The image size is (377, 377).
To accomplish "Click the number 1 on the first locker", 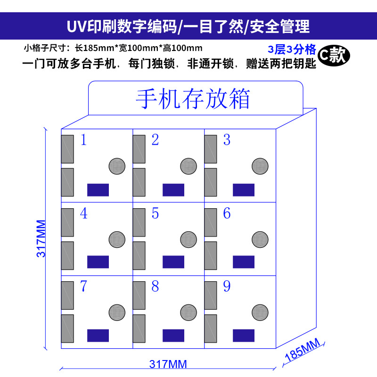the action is pos(84,140).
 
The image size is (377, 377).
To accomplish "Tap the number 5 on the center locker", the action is pos(155,213).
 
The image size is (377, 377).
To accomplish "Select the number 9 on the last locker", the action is pos(227,287).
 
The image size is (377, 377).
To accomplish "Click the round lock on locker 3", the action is pos(260,166).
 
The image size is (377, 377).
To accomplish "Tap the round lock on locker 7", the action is pos(117,312).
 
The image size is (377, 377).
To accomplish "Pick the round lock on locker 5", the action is pos(188,239).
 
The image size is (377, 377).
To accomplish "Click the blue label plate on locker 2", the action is pos(173,190).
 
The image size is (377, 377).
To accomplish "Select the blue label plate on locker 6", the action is pos(243,262).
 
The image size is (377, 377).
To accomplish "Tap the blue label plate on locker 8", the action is pos(173,335).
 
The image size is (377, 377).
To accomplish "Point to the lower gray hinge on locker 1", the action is pos(68,181).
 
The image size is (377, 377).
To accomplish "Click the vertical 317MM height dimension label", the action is pos(41,238).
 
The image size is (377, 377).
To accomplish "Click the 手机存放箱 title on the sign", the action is pos(193,99).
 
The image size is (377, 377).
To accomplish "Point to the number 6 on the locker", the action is pos(227,213).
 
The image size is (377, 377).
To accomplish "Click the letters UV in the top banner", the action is pos(75,26).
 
